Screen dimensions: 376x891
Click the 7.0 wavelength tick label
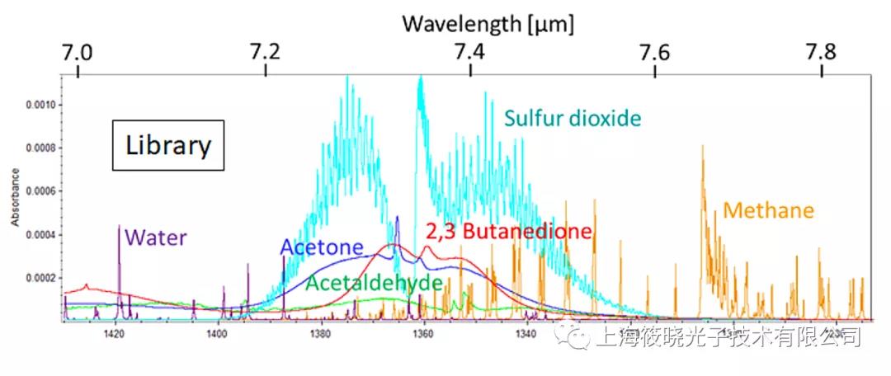76,52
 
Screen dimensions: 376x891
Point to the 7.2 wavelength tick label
264,52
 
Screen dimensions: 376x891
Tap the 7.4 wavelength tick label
469,52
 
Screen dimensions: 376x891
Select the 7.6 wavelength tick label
654,52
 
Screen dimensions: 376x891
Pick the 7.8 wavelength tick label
822,52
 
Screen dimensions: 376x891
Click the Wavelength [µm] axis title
488,22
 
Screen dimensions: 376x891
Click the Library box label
168,146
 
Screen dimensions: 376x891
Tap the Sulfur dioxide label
573,119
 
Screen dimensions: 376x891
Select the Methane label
769,210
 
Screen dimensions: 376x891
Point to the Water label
154,238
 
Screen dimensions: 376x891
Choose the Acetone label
322,247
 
